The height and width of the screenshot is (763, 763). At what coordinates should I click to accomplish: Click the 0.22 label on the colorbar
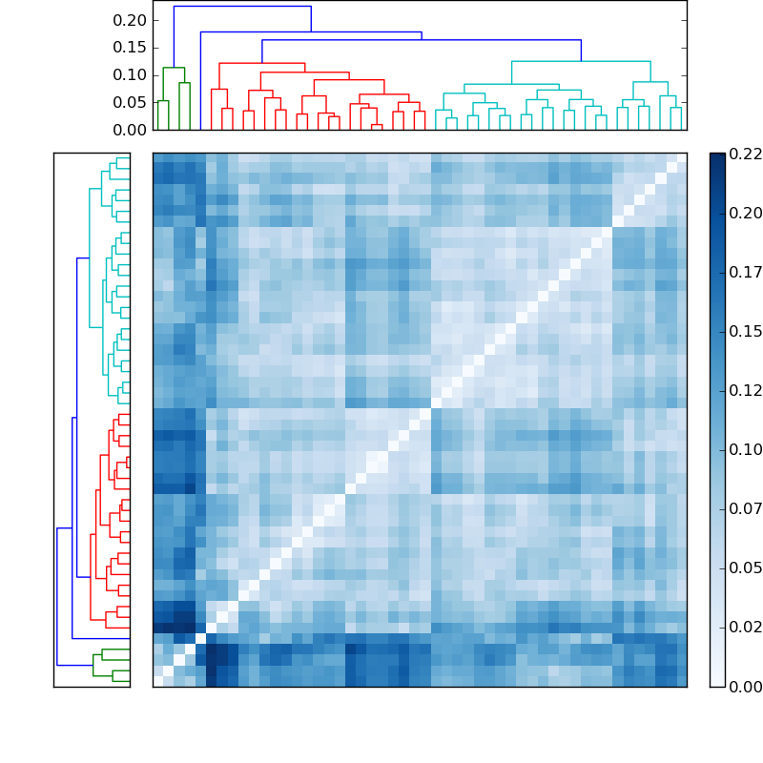[x=746, y=154]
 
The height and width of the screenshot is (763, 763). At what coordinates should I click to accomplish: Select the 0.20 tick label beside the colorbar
[x=746, y=213]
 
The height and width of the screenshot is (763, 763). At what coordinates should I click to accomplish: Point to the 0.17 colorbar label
[x=746, y=272]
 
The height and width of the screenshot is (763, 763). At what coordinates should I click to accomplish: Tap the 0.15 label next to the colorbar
[x=746, y=331]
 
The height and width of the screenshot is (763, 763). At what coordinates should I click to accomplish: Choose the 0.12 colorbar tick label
[x=746, y=390]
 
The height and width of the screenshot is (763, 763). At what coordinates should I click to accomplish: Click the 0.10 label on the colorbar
[x=746, y=449]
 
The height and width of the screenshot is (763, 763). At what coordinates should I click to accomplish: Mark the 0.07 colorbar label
[x=746, y=508]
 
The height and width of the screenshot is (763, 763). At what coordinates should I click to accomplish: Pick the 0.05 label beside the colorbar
[x=746, y=568]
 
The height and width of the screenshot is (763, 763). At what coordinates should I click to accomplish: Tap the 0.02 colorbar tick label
[x=746, y=628]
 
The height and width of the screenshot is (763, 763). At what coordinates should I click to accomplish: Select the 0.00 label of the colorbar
[x=746, y=687]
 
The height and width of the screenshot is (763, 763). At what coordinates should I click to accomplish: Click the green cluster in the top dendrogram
[x=174, y=69]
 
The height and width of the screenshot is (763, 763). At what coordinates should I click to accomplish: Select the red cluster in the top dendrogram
[x=262, y=64]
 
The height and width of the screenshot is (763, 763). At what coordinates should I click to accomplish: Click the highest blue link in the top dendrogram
[x=242, y=7]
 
